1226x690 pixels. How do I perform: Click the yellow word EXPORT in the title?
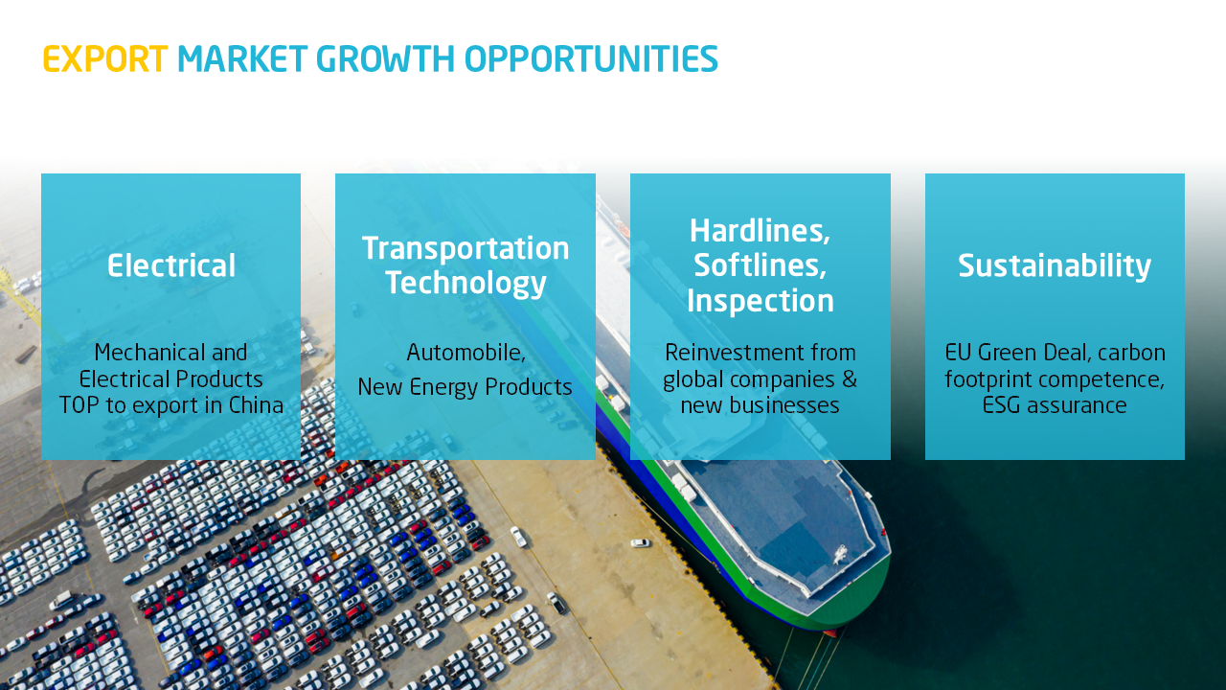(x=105, y=58)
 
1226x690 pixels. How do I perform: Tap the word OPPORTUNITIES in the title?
(x=591, y=58)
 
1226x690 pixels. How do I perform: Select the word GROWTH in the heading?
(x=385, y=58)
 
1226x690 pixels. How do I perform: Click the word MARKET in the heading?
(x=242, y=58)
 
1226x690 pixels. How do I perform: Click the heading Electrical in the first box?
(x=171, y=265)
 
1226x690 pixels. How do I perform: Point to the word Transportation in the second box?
(x=465, y=248)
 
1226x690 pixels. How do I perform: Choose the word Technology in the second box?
(x=465, y=283)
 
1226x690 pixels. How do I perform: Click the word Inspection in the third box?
(x=761, y=301)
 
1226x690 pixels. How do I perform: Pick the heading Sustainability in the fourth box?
(x=1055, y=266)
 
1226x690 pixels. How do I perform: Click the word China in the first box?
(x=256, y=405)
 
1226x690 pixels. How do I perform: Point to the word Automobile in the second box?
(x=465, y=353)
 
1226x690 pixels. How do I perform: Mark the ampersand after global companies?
(x=850, y=379)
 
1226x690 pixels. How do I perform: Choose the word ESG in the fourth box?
(x=1002, y=405)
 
